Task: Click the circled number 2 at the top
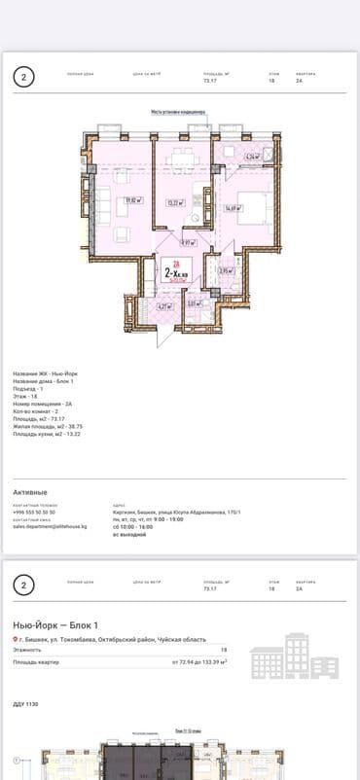pos(25,77)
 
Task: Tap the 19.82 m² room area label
pos(134,201)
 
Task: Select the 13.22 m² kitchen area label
pos(175,203)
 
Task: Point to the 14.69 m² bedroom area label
pos(233,207)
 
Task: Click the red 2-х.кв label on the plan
pos(176,273)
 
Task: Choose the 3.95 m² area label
pos(224,271)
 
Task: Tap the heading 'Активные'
pos(30,492)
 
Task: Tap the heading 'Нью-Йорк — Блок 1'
pos(55,623)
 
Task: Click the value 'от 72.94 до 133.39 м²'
pos(199,661)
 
